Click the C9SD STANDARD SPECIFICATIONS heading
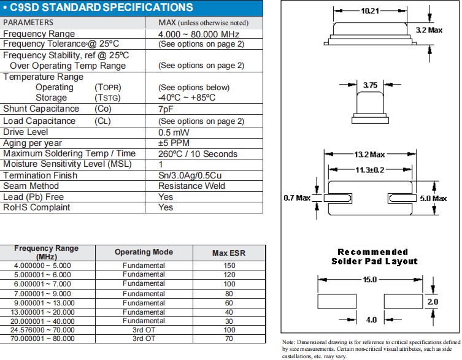102,8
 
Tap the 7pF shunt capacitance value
166,109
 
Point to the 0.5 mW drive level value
174,132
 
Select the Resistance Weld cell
193,186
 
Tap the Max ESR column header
228,253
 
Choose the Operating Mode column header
144,252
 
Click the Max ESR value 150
229,266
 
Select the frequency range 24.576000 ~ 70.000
43,329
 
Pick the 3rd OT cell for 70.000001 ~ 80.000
144,339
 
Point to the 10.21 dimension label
370,10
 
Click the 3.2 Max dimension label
429,29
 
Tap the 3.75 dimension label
370,86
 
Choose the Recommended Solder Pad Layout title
374,256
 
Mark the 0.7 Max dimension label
297,197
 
